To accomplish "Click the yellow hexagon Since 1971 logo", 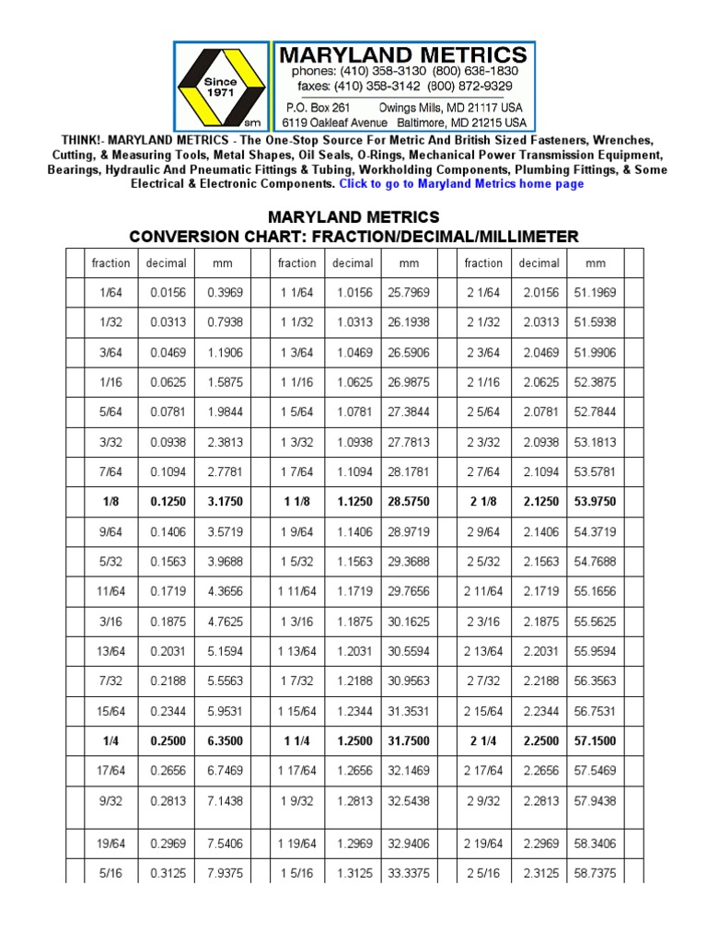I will coord(221,87).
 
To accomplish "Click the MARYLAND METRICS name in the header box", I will coord(404,54).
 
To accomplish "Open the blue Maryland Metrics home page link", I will coord(461,184).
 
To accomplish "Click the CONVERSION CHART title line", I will coord(353,237).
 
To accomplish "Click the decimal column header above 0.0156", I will coord(167,263).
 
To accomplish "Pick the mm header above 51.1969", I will coord(596,263).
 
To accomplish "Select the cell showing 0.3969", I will coord(223,292).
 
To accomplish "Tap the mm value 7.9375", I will coord(223,872).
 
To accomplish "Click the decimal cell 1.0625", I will coord(353,382).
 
